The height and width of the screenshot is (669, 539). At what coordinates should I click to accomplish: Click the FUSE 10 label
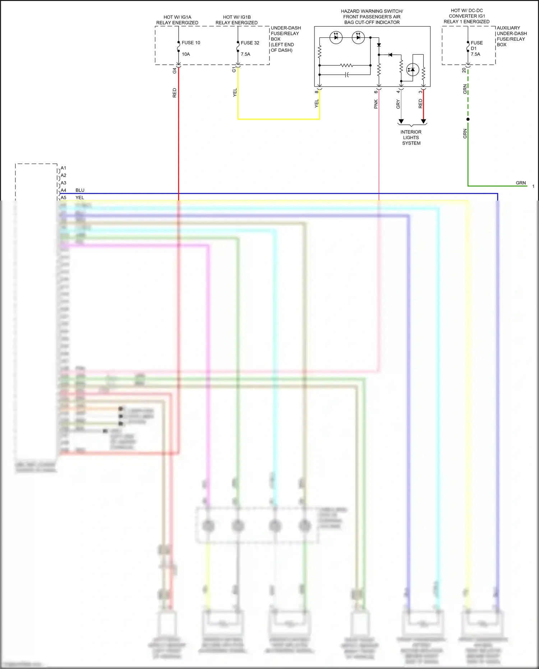coord(191,43)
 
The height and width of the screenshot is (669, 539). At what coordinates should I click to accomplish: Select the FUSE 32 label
coord(250,43)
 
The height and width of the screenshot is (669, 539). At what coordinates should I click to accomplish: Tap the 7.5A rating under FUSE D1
coord(475,54)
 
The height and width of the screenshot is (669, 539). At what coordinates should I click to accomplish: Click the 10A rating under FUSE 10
coord(186,54)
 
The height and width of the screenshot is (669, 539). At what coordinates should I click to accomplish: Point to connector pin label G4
coord(175,71)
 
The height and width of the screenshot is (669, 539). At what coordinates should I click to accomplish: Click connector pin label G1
coord(234,69)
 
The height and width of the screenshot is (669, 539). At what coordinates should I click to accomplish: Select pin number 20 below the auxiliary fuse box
coord(464,70)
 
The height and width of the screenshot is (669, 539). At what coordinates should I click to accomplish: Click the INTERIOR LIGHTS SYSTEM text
coord(411,138)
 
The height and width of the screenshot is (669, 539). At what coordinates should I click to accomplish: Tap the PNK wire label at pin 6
coord(376,104)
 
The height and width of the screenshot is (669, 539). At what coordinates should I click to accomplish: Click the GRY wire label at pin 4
coord(398,104)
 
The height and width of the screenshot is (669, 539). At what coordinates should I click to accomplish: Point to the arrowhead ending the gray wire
coord(401,122)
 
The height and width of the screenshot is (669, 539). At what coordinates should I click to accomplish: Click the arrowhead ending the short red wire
coord(423,122)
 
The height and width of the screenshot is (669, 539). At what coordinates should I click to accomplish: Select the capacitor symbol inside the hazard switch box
coord(347,75)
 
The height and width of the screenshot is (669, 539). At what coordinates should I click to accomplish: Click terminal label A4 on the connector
coord(63,190)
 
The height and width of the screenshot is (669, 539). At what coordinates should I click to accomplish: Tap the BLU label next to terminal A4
coord(80,190)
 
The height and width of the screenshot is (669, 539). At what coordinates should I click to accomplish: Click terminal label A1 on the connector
coord(63,168)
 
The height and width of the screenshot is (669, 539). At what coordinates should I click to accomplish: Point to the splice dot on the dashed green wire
coord(468,119)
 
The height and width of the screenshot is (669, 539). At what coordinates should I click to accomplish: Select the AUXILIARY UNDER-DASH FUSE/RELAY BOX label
coord(511,36)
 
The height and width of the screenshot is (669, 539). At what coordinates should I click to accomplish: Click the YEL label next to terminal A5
coord(79,198)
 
